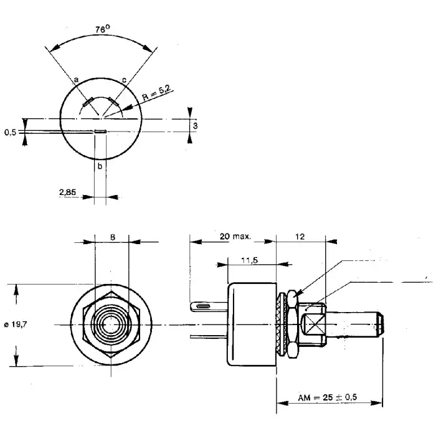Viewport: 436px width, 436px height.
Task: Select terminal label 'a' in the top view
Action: (x=76, y=80)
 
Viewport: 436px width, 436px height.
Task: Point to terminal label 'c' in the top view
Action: (x=125, y=80)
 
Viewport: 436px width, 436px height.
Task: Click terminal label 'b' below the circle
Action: (x=100, y=166)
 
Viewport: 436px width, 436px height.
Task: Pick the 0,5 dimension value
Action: (x=10, y=132)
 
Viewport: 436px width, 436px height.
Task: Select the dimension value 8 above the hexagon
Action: (x=111, y=237)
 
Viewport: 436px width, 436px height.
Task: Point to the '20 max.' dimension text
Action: (x=234, y=237)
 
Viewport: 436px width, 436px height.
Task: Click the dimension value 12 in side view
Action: (x=301, y=237)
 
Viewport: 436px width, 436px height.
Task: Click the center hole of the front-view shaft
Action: (x=111, y=325)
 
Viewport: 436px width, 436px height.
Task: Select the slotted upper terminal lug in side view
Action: (x=206, y=306)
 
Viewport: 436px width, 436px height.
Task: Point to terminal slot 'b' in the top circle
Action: (x=100, y=131)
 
